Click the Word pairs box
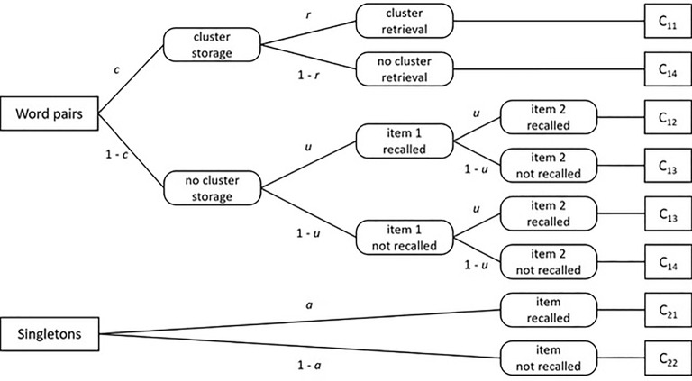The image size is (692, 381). click(49, 114)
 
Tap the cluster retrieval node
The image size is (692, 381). click(404, 21)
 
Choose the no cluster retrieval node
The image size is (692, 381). click(403, 68)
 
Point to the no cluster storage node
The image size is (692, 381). click(211, 187)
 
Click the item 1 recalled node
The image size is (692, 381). click(403, 139)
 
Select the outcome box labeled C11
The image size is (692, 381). click(662, 21)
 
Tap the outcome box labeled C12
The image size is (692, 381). click(662, 117)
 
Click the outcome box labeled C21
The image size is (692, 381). click(662, 311)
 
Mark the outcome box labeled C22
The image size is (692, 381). click(662, 359)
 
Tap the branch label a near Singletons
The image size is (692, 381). click(310, 306)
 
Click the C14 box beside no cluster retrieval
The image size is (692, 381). click(662, 68)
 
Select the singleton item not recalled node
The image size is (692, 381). click(547, 359)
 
